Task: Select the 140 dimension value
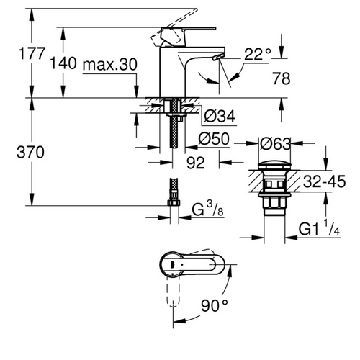click(x=63, y=64)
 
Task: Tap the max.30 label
click(x=109, y=64)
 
